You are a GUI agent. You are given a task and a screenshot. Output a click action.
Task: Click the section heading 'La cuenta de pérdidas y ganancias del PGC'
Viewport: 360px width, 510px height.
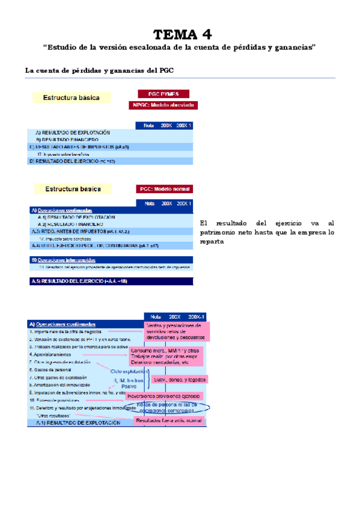pos(100,70)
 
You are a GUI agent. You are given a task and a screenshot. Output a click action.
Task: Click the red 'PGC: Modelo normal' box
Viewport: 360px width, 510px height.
pos(164,188)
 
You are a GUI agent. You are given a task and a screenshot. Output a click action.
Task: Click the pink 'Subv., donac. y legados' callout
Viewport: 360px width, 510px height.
pos(178,379)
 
